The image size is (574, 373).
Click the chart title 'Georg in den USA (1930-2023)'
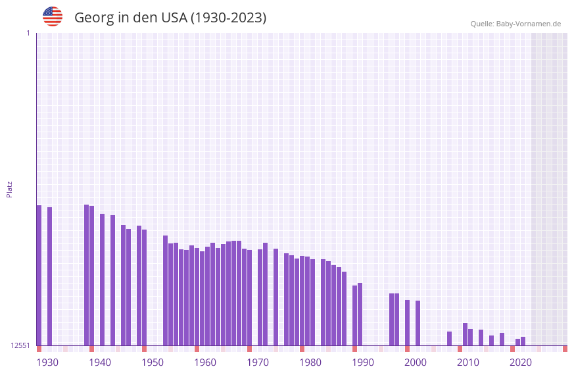tap(170, 18)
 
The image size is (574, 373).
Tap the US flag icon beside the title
tap(53, 16)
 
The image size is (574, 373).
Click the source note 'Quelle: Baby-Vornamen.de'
tap(515, 24)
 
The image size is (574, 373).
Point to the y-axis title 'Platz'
tap(9, 189)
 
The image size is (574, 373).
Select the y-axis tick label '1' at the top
tap(28, 33)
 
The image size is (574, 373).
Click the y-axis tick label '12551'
tap(20, 345)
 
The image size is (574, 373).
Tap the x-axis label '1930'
tap(47, 362)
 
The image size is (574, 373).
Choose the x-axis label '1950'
tap(153, 362)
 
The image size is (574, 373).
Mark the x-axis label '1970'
tap(258, 362)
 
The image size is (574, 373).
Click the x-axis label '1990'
tap(363, 362)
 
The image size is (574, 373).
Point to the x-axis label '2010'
tap(468, 362)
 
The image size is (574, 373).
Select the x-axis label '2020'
tap(521, 362)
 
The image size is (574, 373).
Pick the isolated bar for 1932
tap(49, 276)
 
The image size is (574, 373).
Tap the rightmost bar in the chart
tap(523, 341)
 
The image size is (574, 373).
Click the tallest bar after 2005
tap(465, 334)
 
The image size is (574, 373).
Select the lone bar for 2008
tap(449, 338)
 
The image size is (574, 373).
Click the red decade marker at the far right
tap(565, 349)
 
